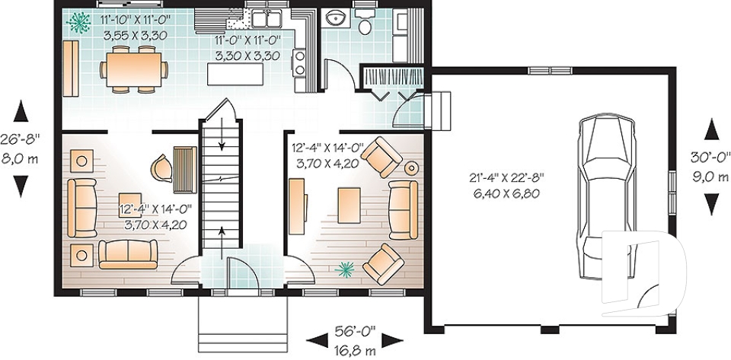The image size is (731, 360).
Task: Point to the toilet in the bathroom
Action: [x=365, y=24]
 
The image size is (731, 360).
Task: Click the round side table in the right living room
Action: [x=412, y=167]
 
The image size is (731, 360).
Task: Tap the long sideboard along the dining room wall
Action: [x=69, y=68]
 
